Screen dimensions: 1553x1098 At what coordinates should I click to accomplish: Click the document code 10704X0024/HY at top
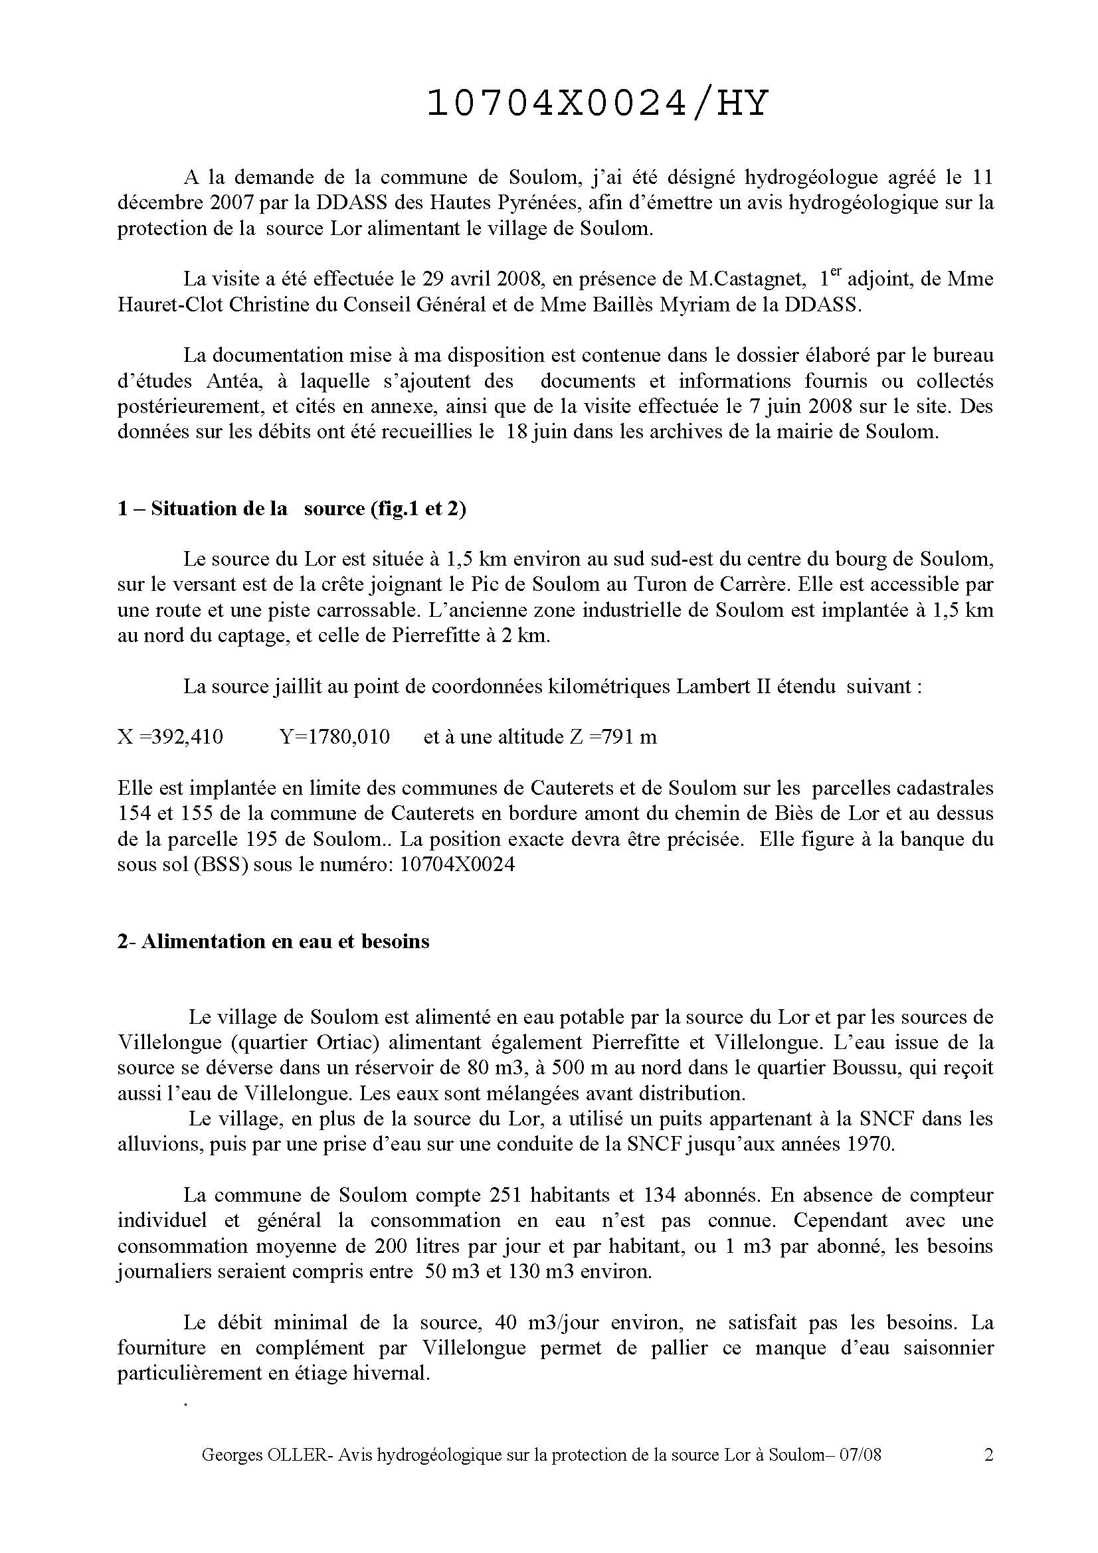[598, 104]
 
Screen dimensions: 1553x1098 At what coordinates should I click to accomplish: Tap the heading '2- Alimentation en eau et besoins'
[273, 941]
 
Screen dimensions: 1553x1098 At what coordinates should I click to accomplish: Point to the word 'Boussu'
[831, 1068]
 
